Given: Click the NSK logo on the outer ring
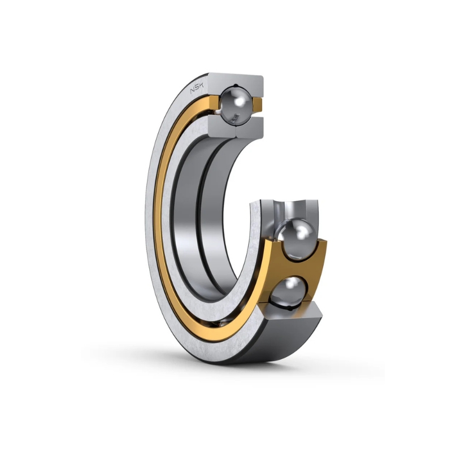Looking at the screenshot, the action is pyautogui.click(x=197, y=88).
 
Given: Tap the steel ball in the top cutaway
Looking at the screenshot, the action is pyautogui.click(x=235, y=106).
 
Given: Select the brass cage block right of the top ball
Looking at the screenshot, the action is pyautogui.click(x=258, y=105).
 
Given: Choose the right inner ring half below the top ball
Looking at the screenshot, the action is pyautogui.click(x=249, y=126).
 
